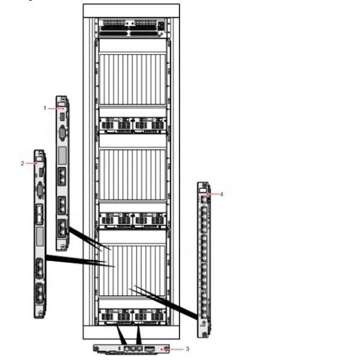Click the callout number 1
click(45, 107)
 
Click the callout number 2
click(23, 163)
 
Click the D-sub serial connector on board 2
click(40, 191)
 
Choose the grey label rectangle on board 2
click(40, 235)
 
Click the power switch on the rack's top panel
click(161, 25)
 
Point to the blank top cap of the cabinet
click(131, 10)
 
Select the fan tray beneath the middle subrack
click(131, 220)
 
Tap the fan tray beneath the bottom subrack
click(131, 315)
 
